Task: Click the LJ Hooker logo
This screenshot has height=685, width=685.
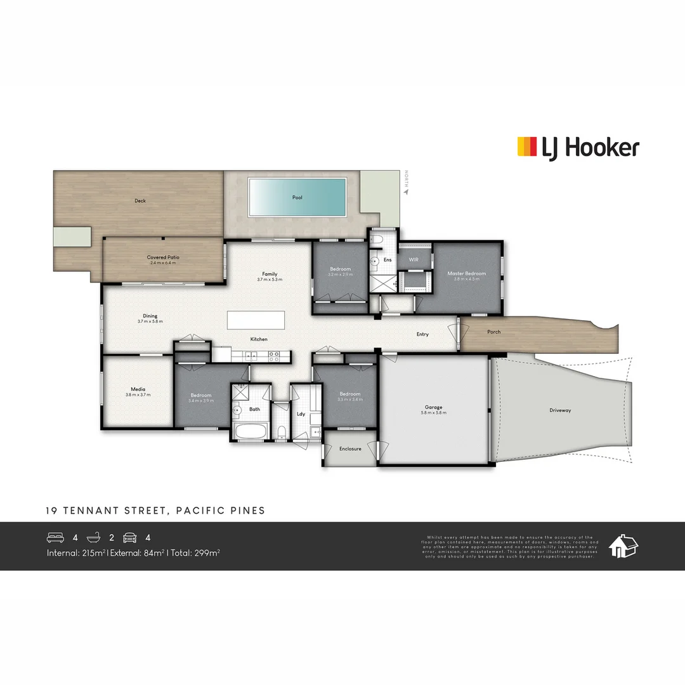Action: (578, 148)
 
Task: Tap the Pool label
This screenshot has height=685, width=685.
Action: (297, 197)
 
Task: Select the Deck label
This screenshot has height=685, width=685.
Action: (140, 200)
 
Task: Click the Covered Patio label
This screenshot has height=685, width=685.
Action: (163, 258)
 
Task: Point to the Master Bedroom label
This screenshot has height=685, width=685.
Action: (466, 273)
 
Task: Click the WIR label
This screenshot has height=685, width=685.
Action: (414, 259)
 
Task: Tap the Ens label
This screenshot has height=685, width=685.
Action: (388, 259)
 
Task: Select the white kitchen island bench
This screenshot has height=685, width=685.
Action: (256, 320)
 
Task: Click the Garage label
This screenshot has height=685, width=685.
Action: (434, 407)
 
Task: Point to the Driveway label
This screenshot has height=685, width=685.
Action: (560, 410)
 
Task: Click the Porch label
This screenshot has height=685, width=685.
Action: (493, 332)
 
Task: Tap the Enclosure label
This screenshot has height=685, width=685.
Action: (350, 448)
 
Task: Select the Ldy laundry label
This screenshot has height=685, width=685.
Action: (301, 414)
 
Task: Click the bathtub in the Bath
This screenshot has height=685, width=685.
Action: (250, 433)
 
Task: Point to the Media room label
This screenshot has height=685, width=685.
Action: (138, 389)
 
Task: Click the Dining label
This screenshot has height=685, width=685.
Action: (150, 316)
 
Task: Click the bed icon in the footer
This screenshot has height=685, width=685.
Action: (56, 538)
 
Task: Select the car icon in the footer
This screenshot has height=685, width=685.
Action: (129, 538)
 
